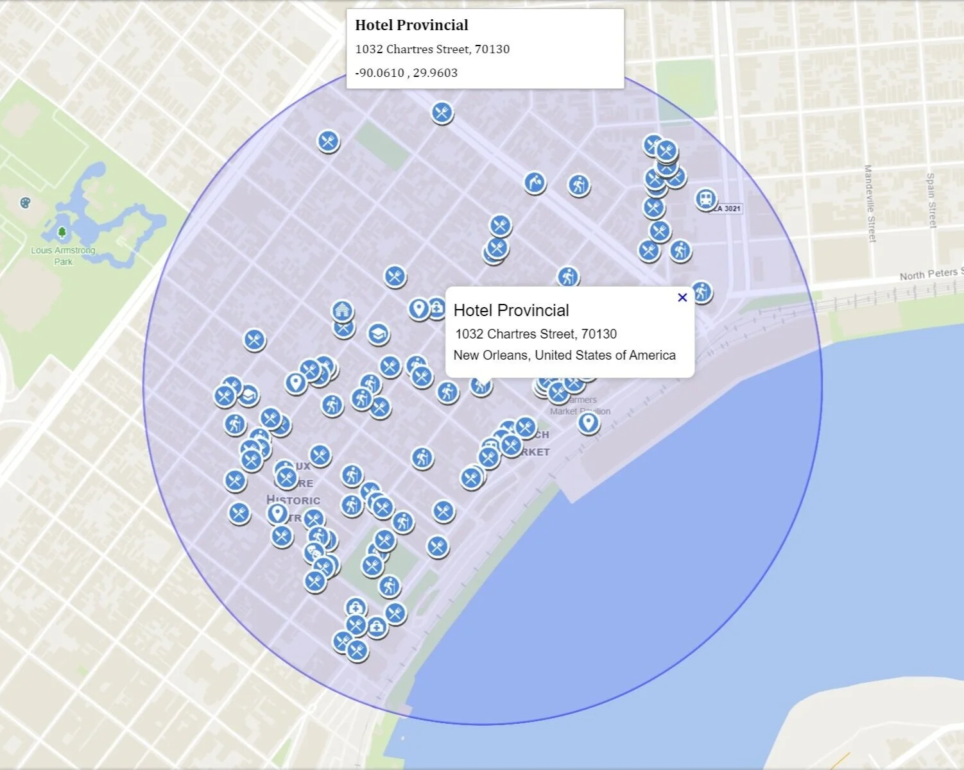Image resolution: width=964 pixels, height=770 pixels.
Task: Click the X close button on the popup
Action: [x=682, y=297]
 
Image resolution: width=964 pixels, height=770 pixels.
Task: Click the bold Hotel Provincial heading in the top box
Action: [x=411, y=25]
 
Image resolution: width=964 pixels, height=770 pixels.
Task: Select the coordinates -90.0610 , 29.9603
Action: [x=406, y=72]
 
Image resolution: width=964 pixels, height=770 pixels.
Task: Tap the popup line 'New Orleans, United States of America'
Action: [x=564, y=355]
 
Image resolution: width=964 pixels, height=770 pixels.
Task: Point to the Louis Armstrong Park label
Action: [x=63, y=256]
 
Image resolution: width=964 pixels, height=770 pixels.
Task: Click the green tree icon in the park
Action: [x=62, y=232]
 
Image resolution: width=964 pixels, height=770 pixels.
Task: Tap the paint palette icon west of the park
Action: [x=25, y=203]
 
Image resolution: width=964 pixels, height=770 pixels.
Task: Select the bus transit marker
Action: [x=705, y=199]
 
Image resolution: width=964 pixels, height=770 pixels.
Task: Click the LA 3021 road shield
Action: [x=727, y=208]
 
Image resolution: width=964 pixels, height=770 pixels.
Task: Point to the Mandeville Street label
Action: [x=870, y=203]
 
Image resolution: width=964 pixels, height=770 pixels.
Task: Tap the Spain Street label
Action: [x=931, y=200]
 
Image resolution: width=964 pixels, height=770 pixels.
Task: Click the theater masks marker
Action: [x=314, y=552]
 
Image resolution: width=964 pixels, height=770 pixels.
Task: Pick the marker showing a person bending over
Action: [x=534, y=183]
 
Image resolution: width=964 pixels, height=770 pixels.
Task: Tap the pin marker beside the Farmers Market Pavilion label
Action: [x=588, y=423]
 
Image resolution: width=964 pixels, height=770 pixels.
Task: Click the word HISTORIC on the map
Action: [x=293, y=500]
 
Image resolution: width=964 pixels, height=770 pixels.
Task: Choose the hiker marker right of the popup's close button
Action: [x=701, y=292]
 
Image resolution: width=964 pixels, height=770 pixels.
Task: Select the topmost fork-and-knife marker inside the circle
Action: [x=442, y=113]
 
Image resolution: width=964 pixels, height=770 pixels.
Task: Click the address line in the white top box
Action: [x=432, y=49]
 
